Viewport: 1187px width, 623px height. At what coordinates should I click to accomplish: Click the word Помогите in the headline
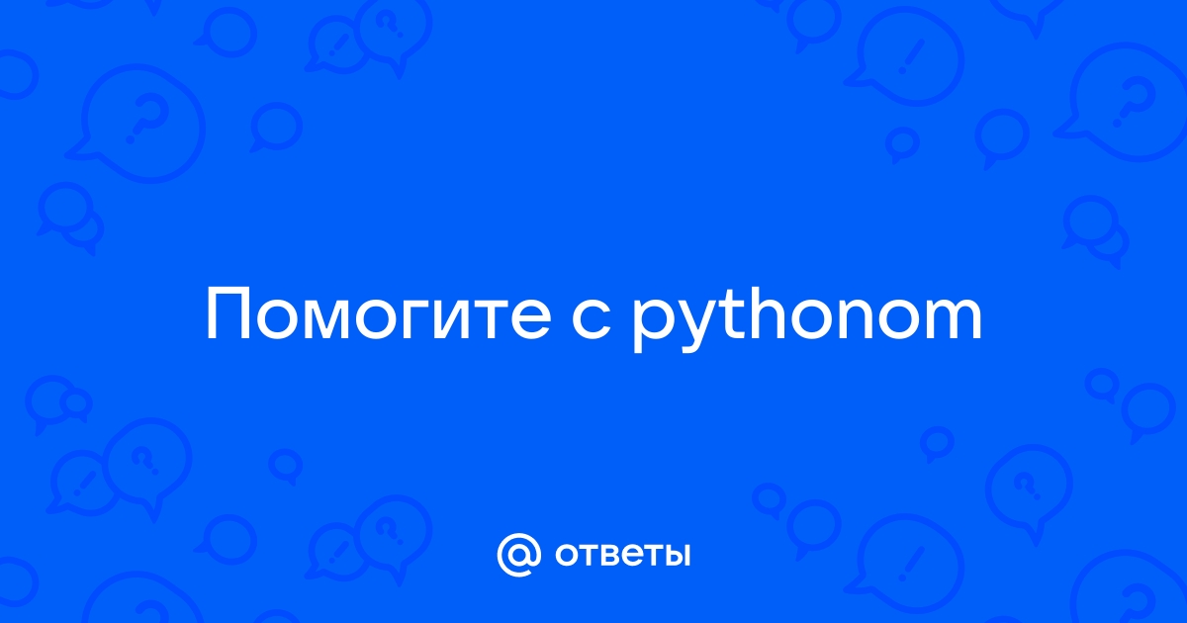coord(378,314)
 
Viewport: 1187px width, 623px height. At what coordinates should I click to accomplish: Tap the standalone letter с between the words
coord(592,320)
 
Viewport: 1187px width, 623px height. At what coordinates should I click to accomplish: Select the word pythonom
coord(807,318)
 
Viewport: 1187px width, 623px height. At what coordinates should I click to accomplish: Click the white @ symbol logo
coord(518,555)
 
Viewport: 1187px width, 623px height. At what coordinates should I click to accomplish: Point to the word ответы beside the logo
coord(622,555)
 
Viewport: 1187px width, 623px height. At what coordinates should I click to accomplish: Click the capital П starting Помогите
coord(228,314)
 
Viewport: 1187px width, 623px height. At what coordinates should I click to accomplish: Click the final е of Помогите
coord(531,320)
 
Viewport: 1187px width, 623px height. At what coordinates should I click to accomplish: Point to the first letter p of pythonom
coord(654,326)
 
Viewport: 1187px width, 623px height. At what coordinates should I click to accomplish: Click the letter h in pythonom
coord(775,313)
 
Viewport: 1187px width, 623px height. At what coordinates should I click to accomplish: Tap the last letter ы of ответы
coord(677,555)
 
